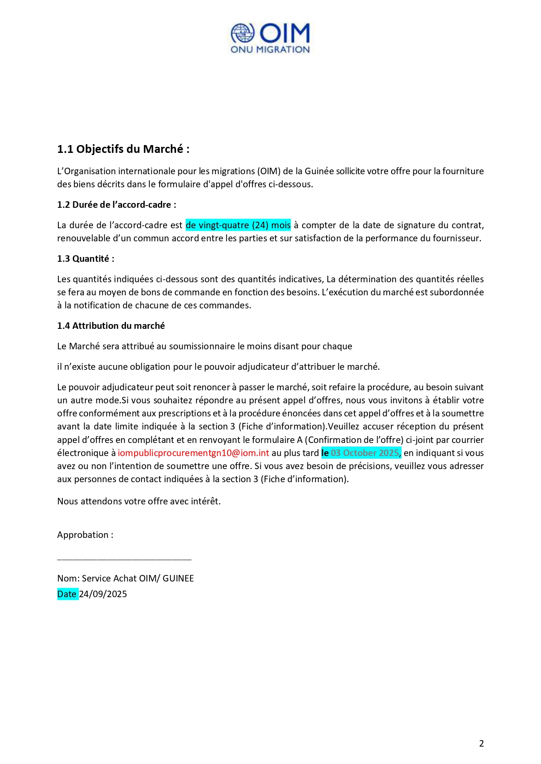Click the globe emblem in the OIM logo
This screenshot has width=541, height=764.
242,34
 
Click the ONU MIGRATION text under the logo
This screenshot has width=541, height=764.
270,50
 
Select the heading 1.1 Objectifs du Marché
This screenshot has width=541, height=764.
123,149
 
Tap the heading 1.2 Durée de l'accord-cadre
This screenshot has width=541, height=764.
116,205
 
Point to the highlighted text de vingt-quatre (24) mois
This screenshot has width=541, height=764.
238,225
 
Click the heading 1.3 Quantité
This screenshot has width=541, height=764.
85,259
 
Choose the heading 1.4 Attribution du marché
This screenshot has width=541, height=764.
111,326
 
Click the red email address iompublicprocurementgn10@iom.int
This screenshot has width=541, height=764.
193,453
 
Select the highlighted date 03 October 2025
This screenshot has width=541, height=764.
365,453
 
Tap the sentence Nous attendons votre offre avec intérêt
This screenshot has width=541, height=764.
139,501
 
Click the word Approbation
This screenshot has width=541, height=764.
83,535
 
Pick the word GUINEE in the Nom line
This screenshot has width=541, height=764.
178,578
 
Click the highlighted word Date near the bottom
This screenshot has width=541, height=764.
67,594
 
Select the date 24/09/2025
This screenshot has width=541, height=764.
103,594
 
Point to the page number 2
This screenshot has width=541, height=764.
481,744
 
